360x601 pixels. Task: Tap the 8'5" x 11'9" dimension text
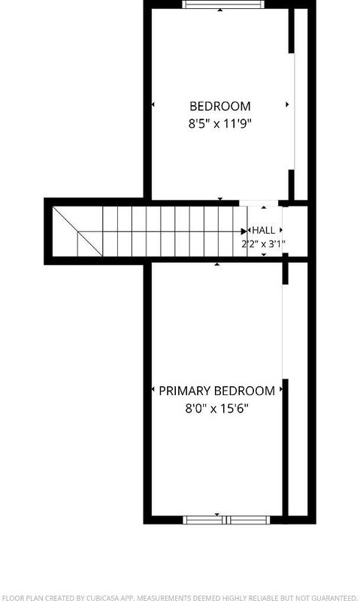pos(220,124)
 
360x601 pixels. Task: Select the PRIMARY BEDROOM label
pos(216,391)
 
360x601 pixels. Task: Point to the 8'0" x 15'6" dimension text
pos(217,409)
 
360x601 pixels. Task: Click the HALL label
pos(263,231)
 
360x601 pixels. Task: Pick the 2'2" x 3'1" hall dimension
pos(263,244)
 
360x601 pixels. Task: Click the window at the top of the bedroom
pos(222,5)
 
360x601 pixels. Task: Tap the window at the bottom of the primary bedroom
pos(226,520)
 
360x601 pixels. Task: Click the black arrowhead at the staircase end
pos(244,231)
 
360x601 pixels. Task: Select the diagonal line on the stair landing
pos(77,231)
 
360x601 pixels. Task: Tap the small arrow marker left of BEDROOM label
pos(153,104)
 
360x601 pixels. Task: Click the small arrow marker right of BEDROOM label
pos(287,104)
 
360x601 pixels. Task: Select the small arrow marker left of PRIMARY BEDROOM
pos(153,389)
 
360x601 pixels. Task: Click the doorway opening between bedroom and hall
pos(259,203)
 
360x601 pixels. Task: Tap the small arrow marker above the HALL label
pos(264,207)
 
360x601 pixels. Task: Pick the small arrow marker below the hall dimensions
pos(264,255)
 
